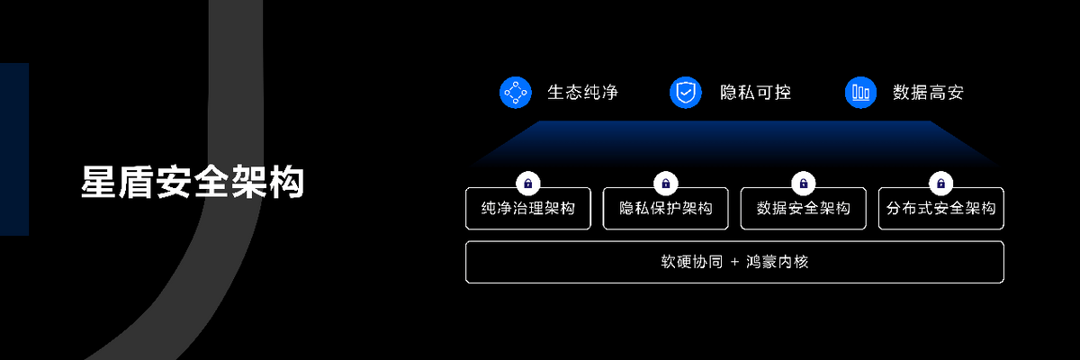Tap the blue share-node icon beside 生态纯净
[517, 92]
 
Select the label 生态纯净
[582, 92]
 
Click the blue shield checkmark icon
[686, 92]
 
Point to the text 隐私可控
[756, 92]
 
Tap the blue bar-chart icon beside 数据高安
[861, 92]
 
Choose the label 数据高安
[928, 92]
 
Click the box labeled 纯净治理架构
[528, 209]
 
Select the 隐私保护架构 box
[666, 209]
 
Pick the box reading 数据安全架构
[804, 209]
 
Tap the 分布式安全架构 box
[940, 209]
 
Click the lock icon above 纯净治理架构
[528, 184]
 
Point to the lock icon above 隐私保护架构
[666, 184]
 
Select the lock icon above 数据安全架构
[804, 184]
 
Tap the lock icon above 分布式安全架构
[940, 184]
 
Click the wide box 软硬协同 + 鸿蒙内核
[734, 262]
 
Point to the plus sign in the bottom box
[734, 262]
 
